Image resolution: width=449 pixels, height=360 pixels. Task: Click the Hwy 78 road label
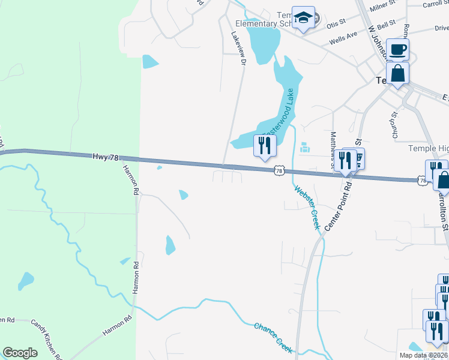tap(106, 157)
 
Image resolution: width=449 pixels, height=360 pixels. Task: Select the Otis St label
tap(337, 23)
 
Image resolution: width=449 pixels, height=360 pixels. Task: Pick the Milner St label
tap(384, 7)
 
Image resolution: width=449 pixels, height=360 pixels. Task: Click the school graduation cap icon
tap(304, 17)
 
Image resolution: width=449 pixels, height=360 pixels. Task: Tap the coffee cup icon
tap(397, 49)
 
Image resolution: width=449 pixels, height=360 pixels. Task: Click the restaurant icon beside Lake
tap(265, 145)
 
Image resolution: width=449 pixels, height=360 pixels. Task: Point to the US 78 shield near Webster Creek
tap(279, 171)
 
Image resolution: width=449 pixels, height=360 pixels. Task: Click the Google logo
tap(20, 352)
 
